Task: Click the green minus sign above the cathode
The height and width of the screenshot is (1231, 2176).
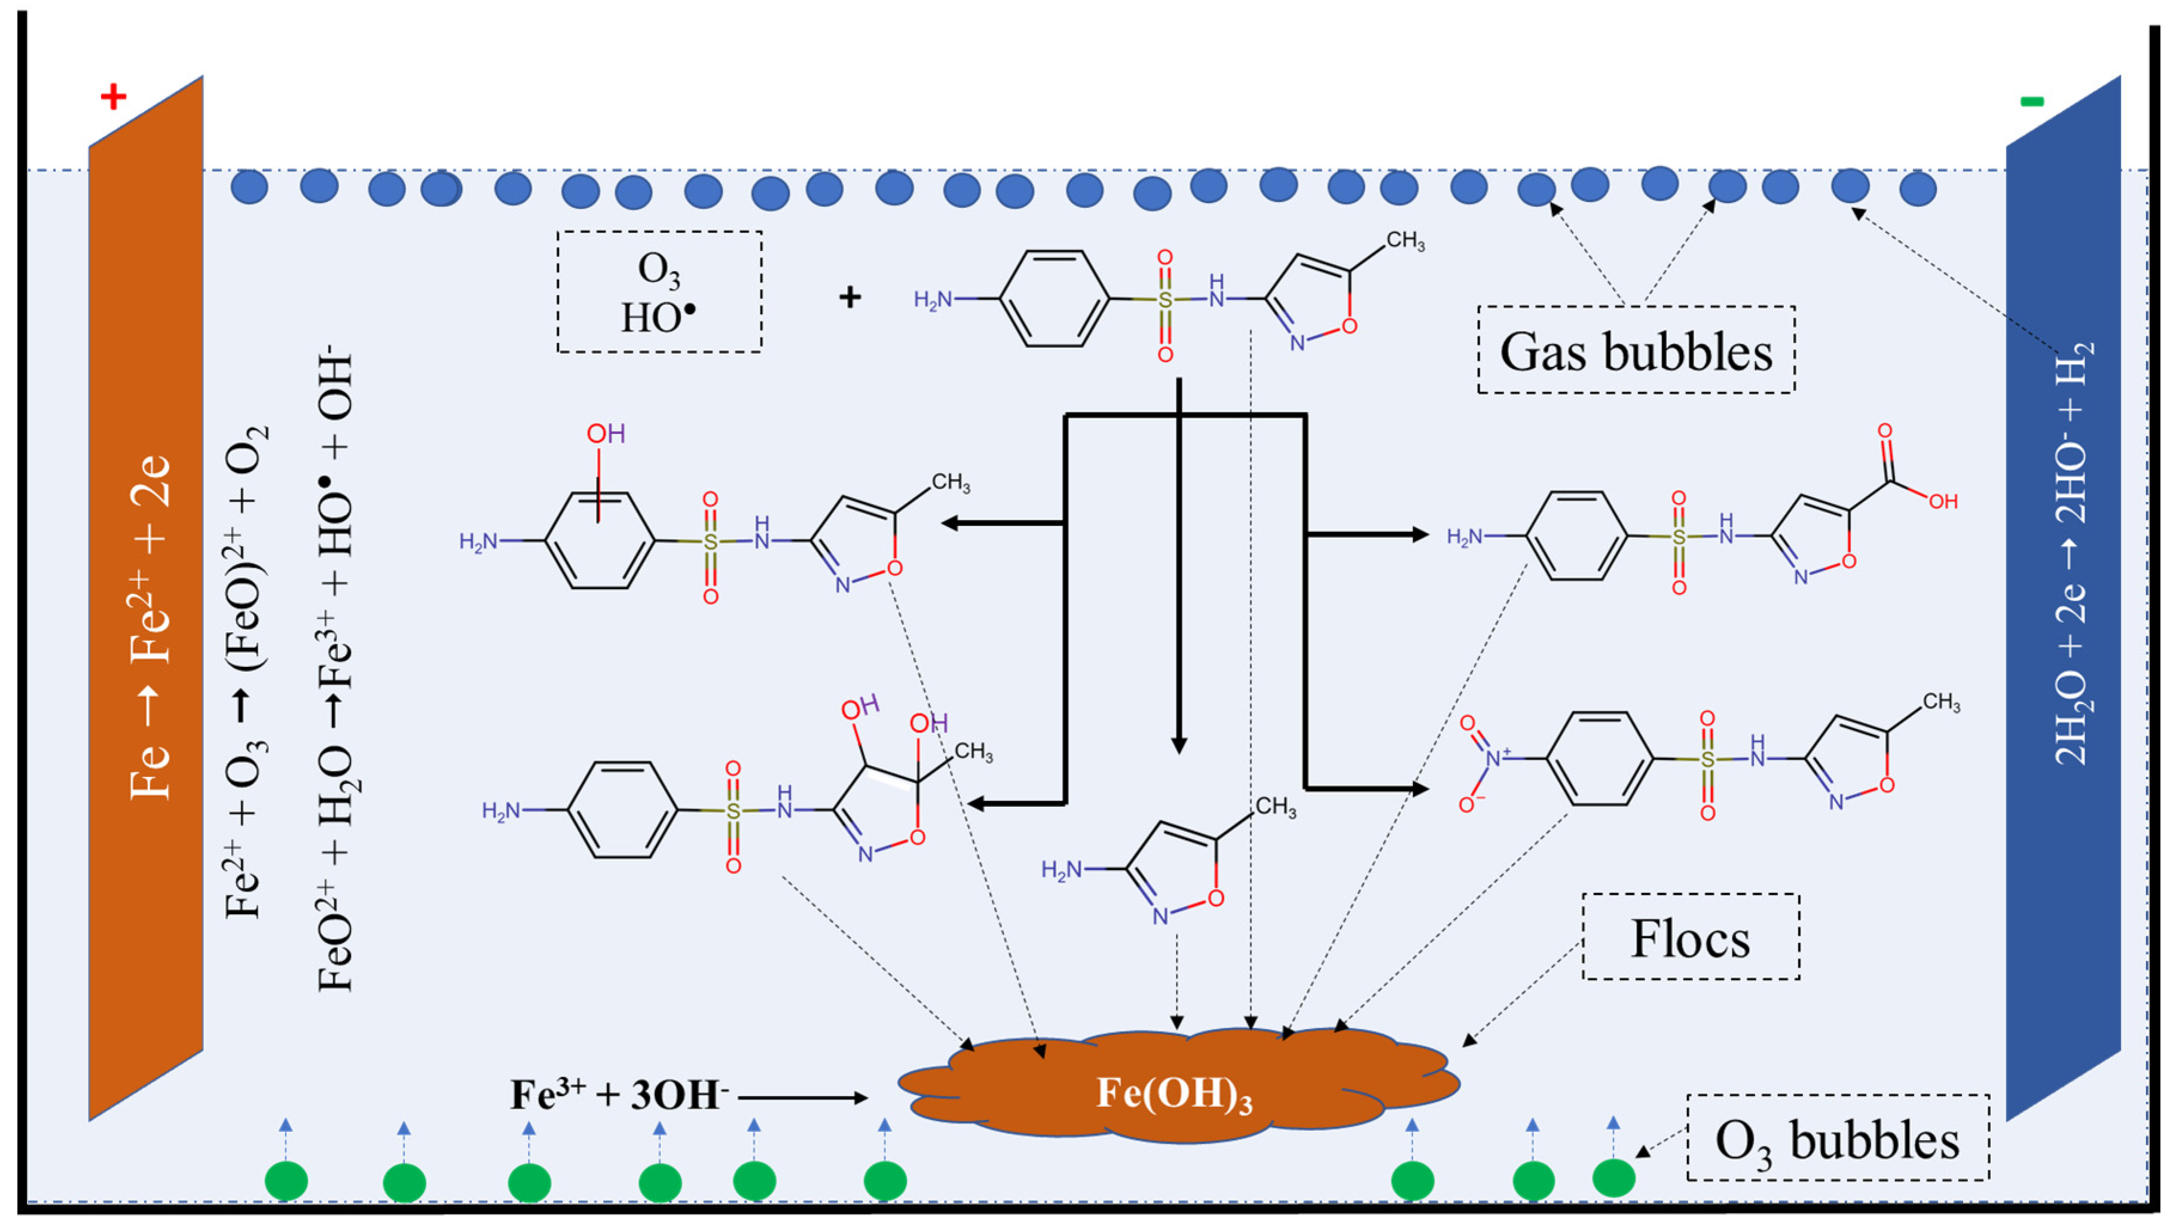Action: pos(2031,102)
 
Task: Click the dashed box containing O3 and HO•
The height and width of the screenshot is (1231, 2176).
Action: pos(659,292)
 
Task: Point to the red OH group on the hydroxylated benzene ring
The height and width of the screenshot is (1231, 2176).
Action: pos(606,434)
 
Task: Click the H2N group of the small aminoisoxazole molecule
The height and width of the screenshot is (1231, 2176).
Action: pos(1061,868)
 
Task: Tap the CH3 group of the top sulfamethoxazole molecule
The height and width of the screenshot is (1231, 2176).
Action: pos(1405,241)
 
